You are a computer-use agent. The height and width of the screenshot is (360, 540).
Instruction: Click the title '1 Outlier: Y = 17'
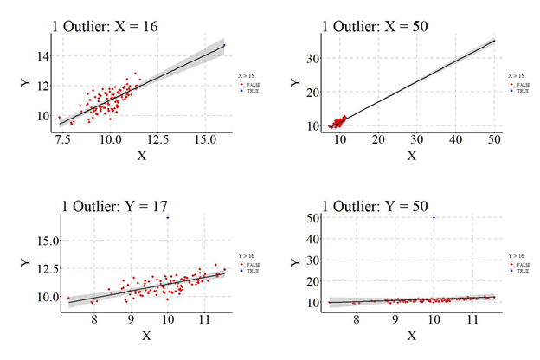[117, 205]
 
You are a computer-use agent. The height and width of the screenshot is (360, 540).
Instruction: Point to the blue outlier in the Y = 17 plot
[167, 217]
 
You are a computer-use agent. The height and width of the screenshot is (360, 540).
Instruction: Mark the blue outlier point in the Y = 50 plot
[434, 217]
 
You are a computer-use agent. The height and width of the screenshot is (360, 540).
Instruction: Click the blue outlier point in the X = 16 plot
[224, 45]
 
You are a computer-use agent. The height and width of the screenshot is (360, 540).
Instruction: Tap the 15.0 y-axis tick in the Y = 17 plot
[43, 240]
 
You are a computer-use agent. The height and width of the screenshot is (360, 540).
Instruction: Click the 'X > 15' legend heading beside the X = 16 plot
[245, 75]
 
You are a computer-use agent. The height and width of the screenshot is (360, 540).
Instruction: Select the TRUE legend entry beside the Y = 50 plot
[517, 271]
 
